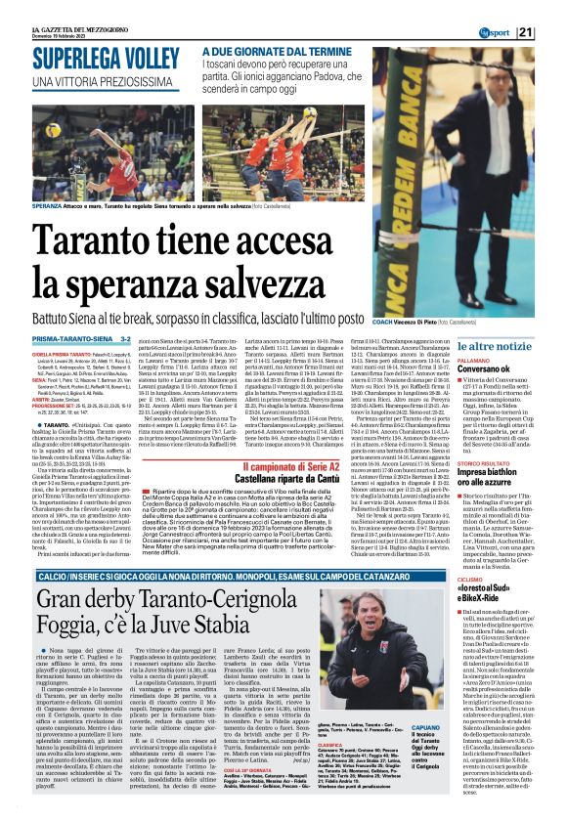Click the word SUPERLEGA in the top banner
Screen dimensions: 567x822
tap(61, 54)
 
